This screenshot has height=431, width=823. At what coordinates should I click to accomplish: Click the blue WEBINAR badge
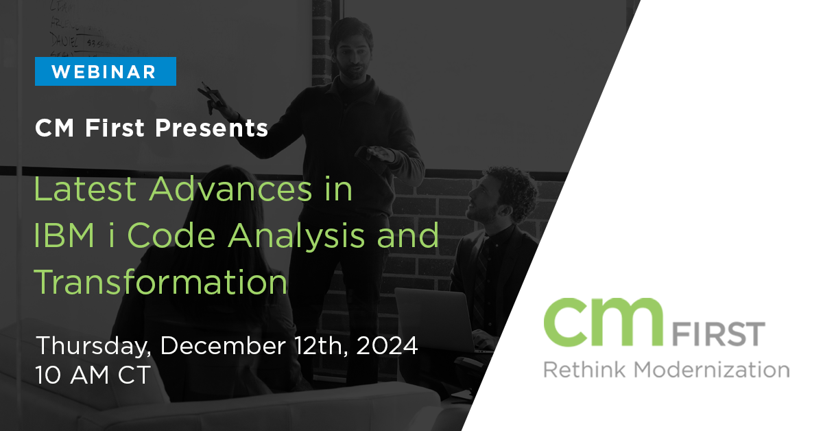coord(106,71)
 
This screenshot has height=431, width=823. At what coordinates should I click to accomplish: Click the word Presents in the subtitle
coord(211,128)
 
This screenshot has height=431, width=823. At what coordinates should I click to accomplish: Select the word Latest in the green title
coord(85,189)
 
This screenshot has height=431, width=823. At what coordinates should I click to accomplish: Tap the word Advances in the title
coord(230,189)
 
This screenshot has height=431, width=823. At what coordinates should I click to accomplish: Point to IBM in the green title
coord(64,235)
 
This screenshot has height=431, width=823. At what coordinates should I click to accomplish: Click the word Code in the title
coord(171,235)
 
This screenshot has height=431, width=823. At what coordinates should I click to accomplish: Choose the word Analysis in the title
coord(296,237)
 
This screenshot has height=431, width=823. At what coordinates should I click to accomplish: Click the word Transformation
coord(160,281)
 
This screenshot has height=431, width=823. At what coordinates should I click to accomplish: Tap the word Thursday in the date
coord(94,346)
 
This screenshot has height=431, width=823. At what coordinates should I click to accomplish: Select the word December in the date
coord(223,346)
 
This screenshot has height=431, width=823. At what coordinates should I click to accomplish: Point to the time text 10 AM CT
coord(93,375)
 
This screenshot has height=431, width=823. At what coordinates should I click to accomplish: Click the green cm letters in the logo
coord(604,323)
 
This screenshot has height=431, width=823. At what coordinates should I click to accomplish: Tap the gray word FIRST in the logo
coord(719,334)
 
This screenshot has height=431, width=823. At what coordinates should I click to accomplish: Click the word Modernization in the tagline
coord(712,369)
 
